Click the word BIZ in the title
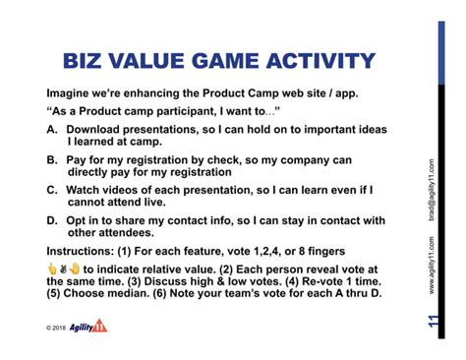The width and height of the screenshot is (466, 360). [x=89, y=61]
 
